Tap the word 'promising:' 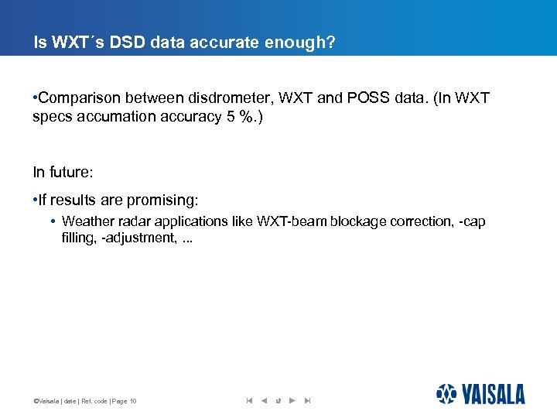(166, 200)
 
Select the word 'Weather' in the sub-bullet (85, 221)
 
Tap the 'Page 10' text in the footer (125, 401)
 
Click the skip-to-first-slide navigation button (249, 400)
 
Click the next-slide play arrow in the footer (292, 400)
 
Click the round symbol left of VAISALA (446, 394)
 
